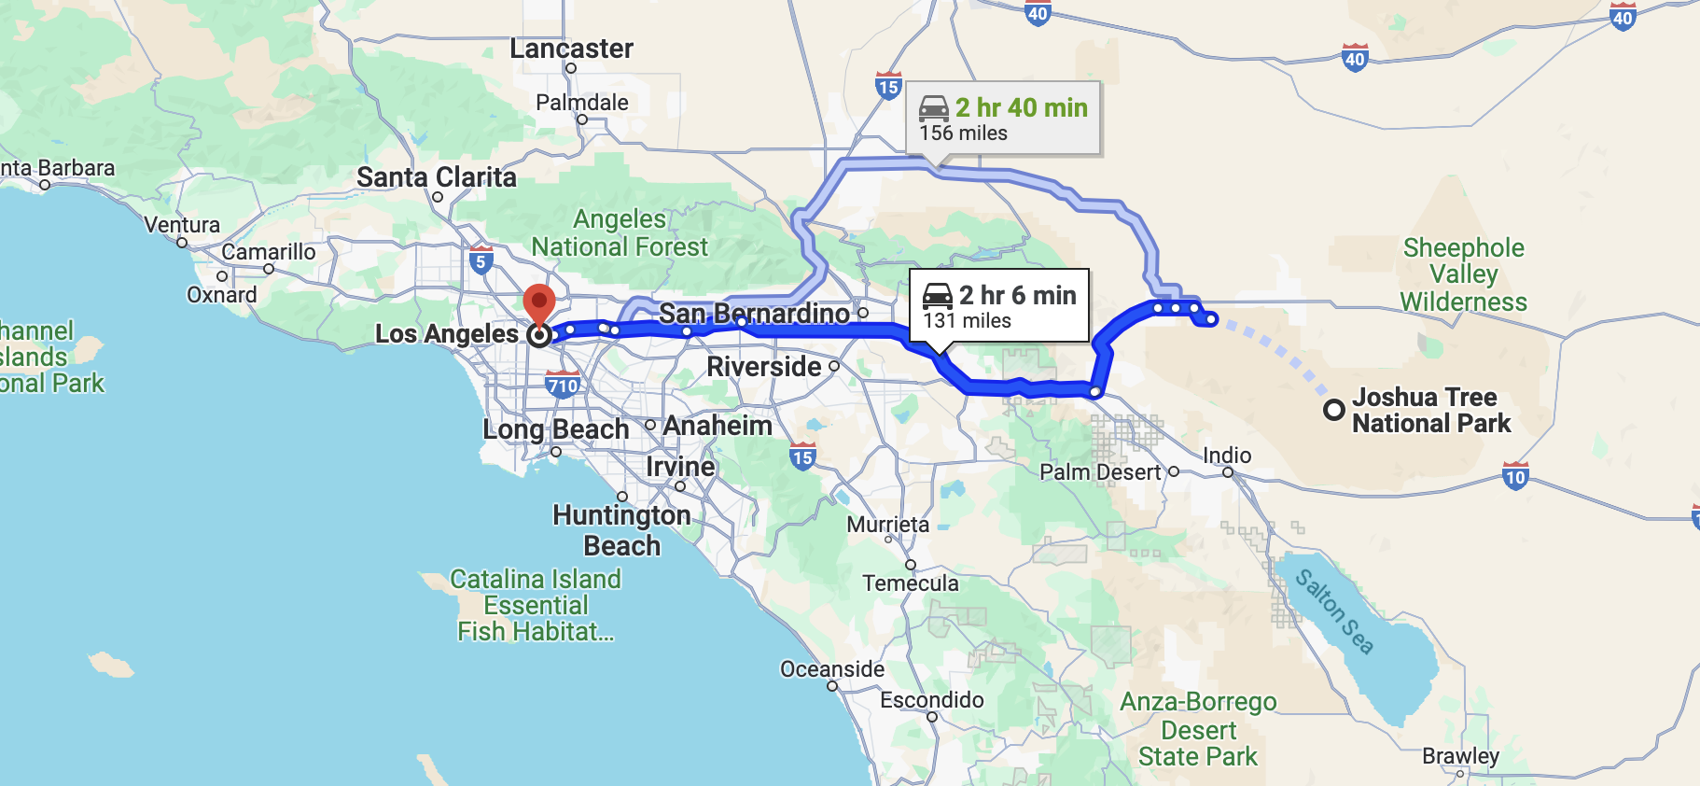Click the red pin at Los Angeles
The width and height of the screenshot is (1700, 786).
[539, 304]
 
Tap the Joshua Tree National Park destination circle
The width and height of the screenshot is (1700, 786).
[1334, 410]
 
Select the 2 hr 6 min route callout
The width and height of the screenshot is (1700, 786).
[999, 306]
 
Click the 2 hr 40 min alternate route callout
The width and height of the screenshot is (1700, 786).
[1003, 119]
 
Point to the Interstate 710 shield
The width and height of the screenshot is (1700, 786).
[563, 385]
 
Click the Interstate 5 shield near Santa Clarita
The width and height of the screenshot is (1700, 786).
[481, 260]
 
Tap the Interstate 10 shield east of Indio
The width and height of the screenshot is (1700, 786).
[1515, 476]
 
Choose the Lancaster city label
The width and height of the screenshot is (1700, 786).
[571, 49]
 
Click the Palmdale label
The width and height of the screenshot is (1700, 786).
[582, 103]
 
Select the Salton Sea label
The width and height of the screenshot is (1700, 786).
[1334, 611]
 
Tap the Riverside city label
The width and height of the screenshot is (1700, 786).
[764, 367]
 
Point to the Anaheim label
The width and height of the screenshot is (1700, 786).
[718, 426]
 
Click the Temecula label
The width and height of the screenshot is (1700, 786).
[911, 583]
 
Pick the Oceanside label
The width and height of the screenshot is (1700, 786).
[832, 669]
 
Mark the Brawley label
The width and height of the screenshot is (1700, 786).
[1460, 756]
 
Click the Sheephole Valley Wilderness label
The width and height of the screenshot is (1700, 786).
[1463, 274]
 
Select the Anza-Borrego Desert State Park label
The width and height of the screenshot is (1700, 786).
[1198, 729]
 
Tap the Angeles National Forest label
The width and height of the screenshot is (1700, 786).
[620, 232]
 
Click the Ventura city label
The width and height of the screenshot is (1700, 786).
[182, 225]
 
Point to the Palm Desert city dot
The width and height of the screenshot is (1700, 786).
[1174, 471]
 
